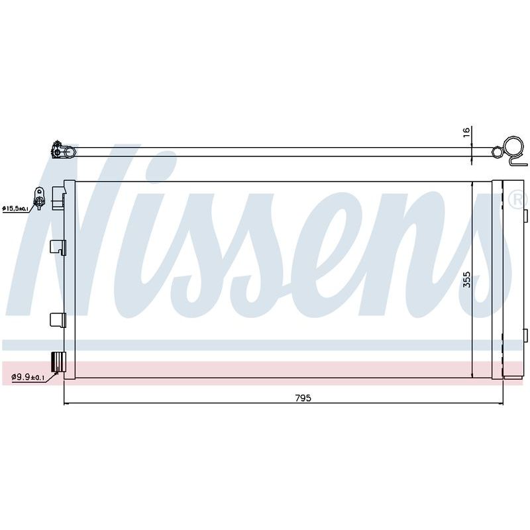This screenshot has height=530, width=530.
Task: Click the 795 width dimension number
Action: coord(303,398)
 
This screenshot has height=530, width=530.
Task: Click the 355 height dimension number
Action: coord(467,279)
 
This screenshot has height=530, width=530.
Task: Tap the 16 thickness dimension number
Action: coord(466,132)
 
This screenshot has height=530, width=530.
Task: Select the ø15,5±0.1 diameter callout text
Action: coord(15,209)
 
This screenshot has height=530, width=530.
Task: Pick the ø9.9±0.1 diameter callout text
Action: coord(28,377)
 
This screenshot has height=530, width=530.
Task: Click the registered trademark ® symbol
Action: coord(517,200)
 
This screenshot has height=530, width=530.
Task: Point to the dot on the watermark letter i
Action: coord(158,167)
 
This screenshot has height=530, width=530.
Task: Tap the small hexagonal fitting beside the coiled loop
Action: coord(497,152)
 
